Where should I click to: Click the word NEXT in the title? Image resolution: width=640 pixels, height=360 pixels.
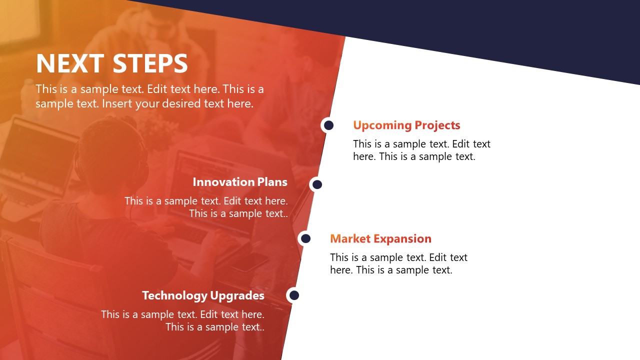click(70, 64)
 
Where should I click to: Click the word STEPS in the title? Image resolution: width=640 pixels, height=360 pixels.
click(150, 64)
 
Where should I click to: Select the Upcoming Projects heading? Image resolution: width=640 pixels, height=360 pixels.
click(406, 125)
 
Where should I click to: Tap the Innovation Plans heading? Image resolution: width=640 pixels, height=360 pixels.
click(240, 182)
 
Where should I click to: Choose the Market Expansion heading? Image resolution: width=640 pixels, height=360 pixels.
click(380, 238)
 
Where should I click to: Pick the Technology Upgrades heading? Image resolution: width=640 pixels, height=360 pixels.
click(203, 295)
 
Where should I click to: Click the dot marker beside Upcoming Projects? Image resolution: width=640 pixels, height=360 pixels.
click(328, 125)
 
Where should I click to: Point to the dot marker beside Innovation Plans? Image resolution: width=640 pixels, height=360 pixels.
click(317, 184)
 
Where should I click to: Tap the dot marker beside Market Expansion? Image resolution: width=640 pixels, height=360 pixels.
click(305, 238)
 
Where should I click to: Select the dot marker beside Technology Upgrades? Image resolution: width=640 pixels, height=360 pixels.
click(294, 295)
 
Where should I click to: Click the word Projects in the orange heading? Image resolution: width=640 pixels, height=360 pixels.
click(434, 125)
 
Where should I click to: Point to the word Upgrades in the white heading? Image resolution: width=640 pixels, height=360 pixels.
click(237, 295)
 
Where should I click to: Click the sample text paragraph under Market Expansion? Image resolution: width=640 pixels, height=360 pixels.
click(398, 263)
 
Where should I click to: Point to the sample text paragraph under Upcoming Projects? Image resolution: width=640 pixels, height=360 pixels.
click(421, 150)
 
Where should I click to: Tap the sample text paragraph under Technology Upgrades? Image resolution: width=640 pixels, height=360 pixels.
click(183, 320)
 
